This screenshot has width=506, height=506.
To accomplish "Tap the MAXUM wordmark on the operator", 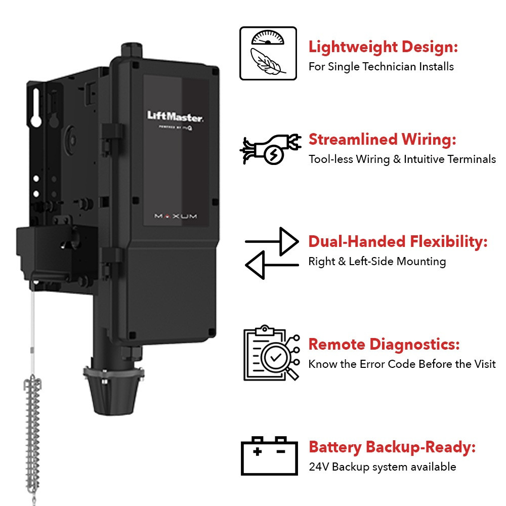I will click(x=176, y=216).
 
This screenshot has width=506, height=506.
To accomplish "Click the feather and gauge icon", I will click(x=268, y=53).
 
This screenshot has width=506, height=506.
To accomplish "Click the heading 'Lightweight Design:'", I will click(x=383, y=48).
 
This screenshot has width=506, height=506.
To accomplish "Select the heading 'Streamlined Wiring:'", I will click(x=383, y=139).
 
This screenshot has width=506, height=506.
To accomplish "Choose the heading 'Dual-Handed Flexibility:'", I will click(x=398, y=242).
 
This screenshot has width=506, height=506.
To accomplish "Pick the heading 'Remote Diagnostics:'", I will click(x=384, y=345).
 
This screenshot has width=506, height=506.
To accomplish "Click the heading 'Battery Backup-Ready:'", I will click(x=392, y=447).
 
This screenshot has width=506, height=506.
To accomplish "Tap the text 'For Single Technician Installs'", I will click(x=381, y=66).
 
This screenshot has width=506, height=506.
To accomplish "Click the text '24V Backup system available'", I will click(x=382, y=467).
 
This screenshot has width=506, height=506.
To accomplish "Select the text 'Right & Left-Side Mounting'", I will click(x=377, y=262).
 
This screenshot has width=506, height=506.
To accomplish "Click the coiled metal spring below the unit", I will click(x=33, y=430).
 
